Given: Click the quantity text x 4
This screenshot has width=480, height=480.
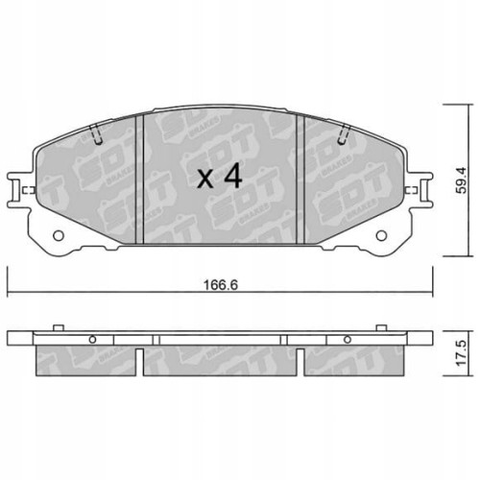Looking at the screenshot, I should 218,177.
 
